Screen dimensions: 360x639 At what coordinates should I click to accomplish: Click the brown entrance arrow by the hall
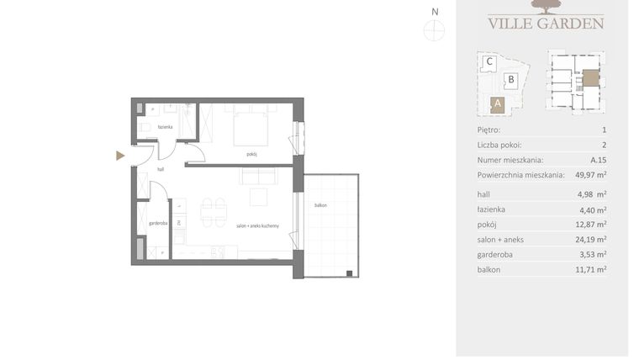[x=120, y=156]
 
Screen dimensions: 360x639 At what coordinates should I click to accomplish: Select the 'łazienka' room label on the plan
[x=165, y=127]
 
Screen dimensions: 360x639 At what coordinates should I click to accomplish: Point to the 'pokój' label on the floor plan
[x=251, y=154]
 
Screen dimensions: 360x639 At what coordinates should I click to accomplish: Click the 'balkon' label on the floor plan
[x=320, y=205]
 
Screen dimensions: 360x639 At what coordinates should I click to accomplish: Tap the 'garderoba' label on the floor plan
[x=157, y=224]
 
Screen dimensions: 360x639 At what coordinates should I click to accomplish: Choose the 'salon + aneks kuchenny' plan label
[x=257, y=226]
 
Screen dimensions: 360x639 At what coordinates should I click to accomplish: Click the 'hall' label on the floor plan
[x=159, y=169]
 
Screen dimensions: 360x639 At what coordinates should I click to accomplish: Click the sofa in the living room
[x=258, y=177]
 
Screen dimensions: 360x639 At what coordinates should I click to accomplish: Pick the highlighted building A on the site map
[x=498, y=104]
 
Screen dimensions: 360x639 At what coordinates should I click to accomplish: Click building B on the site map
[x=510, y=81]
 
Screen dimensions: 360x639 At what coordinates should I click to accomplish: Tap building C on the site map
[x=488, y=61]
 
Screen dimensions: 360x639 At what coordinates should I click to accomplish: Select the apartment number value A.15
[x=598, y=160]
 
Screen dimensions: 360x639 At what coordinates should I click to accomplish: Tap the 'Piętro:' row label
[x=488, y=130]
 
